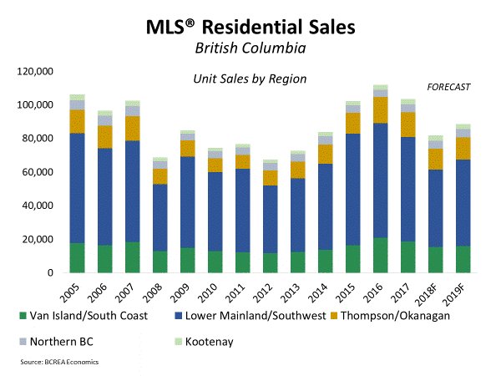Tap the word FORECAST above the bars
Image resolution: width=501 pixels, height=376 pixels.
pos(450,87)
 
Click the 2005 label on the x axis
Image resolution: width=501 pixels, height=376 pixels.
pos(74,293)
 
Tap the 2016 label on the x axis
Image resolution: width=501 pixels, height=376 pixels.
pos(354,293)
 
